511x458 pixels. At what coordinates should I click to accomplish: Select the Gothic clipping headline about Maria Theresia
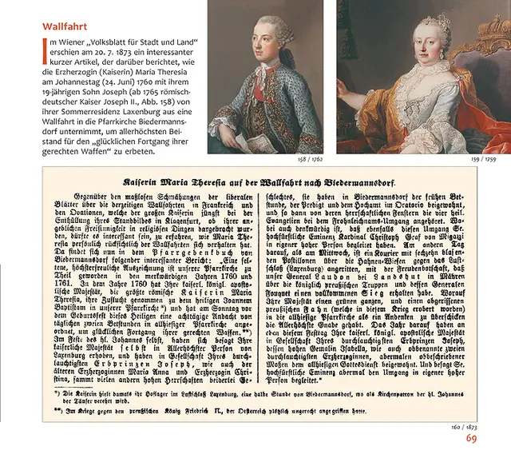(259, 182)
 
